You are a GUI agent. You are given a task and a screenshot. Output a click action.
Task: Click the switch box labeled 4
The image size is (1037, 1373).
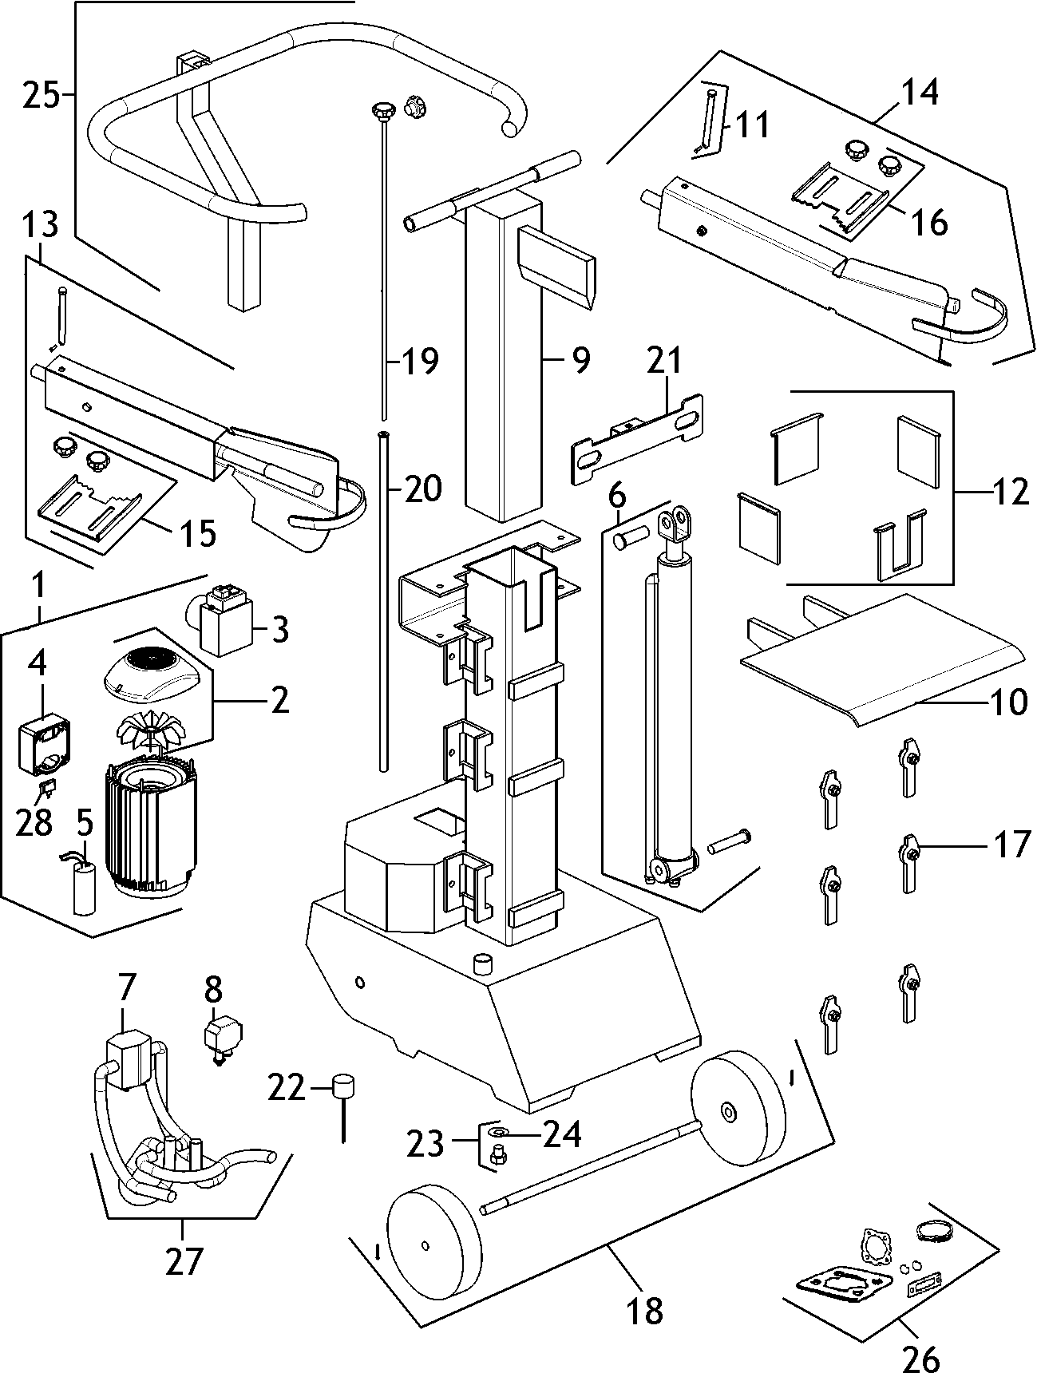46,743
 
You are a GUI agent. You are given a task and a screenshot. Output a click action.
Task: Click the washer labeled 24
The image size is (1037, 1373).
498,1134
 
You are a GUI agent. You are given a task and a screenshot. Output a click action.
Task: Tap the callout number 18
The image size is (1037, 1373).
645,1311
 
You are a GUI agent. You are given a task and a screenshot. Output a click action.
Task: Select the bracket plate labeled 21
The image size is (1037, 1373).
636,440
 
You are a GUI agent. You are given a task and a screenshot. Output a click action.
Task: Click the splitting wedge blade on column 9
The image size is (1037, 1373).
556,267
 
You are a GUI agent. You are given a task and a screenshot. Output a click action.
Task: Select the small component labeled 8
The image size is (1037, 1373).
218,1034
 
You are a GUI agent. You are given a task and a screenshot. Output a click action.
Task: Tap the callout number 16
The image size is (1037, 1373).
930,222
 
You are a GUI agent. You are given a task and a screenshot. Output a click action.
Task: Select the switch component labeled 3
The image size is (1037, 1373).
223,622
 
